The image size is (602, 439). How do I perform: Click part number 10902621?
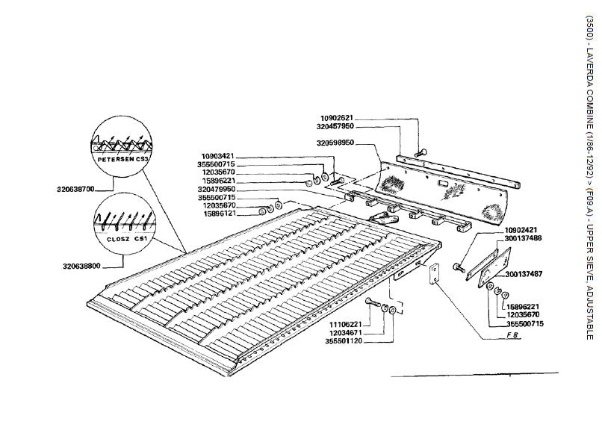click(336, 118)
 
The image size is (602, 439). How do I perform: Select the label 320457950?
click(335, 126)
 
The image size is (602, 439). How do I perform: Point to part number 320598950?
click(335, 143)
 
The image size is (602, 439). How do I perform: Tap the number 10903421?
click(217, 157)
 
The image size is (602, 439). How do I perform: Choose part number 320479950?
click(217, 189)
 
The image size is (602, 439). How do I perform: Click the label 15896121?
click(220, 214)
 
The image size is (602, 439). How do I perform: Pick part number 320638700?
click(75, 189)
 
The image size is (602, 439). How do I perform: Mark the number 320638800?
click(81, 266)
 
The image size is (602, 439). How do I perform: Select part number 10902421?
click(521, 230)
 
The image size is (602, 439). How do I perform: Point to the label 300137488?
click(523, 238)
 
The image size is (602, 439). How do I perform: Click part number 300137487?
click(524, 274)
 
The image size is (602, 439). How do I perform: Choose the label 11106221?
click(346, 325)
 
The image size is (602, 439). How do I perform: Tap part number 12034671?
click(346, 333)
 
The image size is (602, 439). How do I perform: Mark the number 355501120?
click(344, 341)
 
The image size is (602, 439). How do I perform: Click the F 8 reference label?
click(512, 334)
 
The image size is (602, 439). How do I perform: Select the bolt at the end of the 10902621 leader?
click(421, 152)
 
